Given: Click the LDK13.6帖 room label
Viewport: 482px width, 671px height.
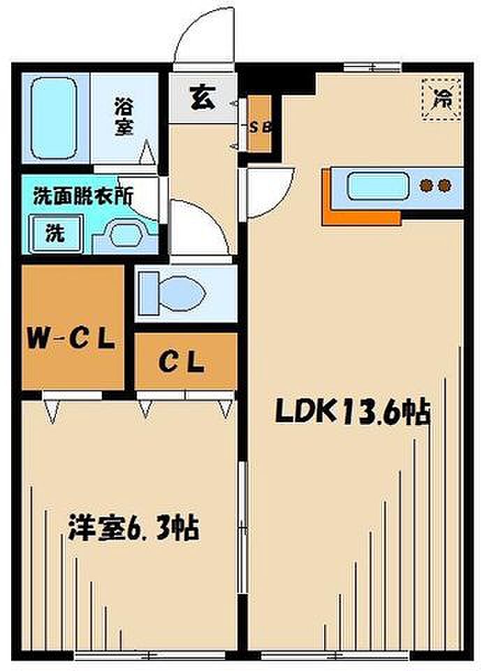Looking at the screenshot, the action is click(x=351, y=412).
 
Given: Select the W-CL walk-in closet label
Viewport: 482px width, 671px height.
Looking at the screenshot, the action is click(x=71, y=340).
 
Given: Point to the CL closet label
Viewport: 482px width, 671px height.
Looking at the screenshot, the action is click(x=182, y=362).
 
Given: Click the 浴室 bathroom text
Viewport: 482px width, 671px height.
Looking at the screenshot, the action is click(x=124, y=117).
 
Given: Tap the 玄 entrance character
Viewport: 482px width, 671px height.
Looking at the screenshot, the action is click(x=203, y=98).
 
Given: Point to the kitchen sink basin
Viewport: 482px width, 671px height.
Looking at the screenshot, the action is click(x=377, y=186).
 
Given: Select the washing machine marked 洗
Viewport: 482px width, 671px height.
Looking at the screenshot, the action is click(x=56, y=233).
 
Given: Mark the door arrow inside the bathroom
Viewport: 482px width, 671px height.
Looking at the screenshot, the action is click(x=147, y=152).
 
